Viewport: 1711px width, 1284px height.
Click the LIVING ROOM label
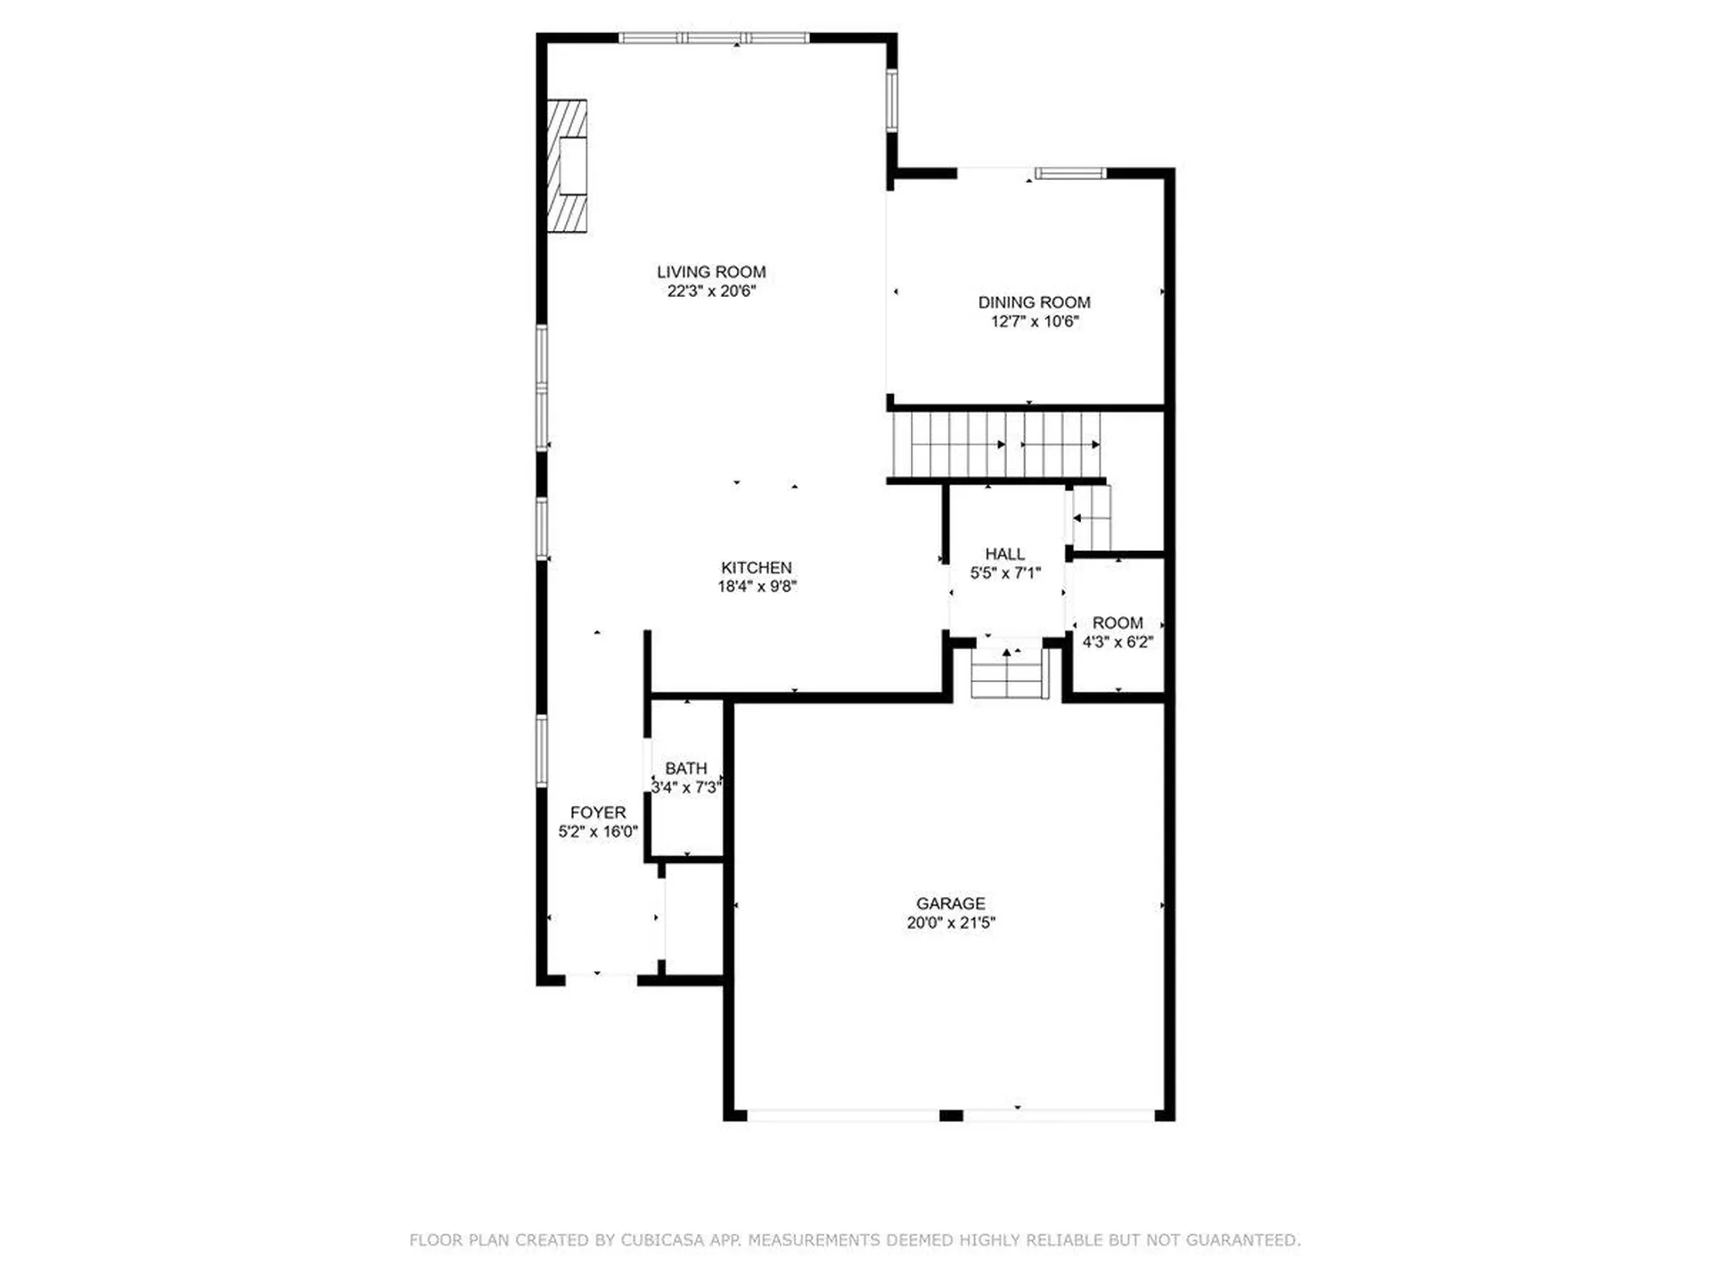click(711, 272)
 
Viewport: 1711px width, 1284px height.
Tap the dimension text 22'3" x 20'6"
click(711, 292)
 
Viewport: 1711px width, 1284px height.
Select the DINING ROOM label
click(1034, 302)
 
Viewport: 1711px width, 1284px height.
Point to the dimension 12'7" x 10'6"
click(1034, 322)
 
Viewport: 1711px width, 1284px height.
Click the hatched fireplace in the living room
click(567, 166)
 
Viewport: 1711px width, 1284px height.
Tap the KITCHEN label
click(756, 567)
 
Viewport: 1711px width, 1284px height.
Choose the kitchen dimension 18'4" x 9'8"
click(757, 587)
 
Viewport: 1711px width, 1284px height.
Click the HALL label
click(1004, 554)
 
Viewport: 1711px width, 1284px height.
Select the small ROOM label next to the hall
click(1117, 622)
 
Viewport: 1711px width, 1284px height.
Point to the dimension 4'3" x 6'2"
click(1117, 642)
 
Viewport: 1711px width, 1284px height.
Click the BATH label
click(685, 768)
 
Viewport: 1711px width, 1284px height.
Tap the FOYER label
click(598, 812)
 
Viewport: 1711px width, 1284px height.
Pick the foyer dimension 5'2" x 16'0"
click(598, 832)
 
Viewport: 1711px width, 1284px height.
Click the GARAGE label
click(950, 903)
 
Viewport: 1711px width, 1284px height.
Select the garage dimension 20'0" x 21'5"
click(950, 923)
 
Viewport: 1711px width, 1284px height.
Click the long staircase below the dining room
click(996, 444)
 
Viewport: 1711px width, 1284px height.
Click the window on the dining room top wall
click(1069, 173)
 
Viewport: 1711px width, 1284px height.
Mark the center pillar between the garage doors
click(951, 1115)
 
